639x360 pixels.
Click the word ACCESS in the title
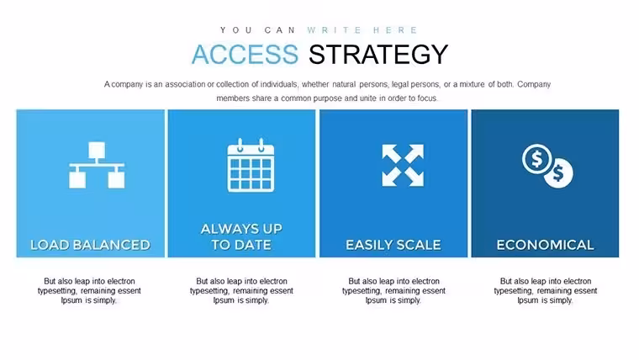coord(245,54)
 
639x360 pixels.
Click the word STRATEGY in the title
coord(378,54)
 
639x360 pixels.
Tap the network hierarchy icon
coord(97,165)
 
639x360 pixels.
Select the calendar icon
coord(251,165)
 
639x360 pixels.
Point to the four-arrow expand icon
coord(403,165)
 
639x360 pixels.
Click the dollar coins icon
coord(547,166)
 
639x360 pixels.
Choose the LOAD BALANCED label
coord(91,245)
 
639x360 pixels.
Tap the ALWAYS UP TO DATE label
coord(241,236)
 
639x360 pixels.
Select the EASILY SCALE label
coord(393,245)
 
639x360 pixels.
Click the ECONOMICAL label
coord(545,245)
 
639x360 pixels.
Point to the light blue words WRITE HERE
coord(362,30)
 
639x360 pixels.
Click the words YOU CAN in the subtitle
coord(257,30)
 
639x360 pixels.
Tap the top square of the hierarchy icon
coord(97,150)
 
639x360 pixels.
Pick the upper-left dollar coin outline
coord(536,159)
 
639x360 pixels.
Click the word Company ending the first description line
coord(534,84)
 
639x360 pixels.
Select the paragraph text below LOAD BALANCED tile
coord(89,291)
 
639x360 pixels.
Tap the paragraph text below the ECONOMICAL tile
coord(546,291)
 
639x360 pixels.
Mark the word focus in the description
coord(426,98)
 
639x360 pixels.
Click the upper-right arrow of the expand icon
coord(414,154)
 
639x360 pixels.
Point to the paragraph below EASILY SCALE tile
coord(393,291)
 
